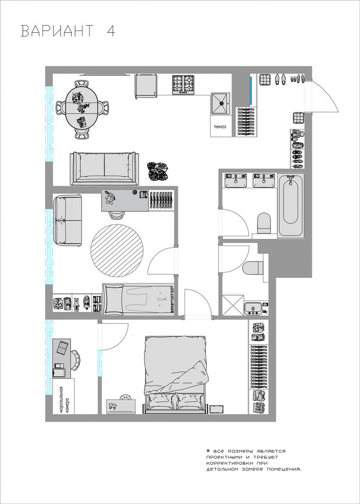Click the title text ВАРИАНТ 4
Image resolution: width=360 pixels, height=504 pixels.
point(68,31)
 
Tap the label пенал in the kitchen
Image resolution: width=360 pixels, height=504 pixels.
point(220,126)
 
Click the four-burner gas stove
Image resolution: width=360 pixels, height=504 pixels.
point(183,84)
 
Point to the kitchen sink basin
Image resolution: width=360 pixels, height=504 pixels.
point(221,104)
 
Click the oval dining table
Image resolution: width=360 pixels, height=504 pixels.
point(82,110)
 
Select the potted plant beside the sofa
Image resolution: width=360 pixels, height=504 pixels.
point(157,171)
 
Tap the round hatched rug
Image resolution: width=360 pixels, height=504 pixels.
point(117,251)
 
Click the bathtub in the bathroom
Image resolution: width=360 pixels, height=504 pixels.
point(291,205)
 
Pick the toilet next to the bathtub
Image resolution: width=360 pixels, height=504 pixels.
point(264,223)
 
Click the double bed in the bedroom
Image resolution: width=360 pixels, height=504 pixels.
point(175,375)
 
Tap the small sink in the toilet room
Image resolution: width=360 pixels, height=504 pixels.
point(253,309)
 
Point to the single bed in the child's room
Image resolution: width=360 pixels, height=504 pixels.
point(138,299)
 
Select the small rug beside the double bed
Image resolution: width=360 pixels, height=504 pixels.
point(217,409)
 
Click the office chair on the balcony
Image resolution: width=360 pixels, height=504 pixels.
point(75,359)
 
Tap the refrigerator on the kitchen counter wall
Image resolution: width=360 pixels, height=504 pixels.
point(146,85)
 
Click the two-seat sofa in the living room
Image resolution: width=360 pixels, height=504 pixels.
point(105,169)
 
